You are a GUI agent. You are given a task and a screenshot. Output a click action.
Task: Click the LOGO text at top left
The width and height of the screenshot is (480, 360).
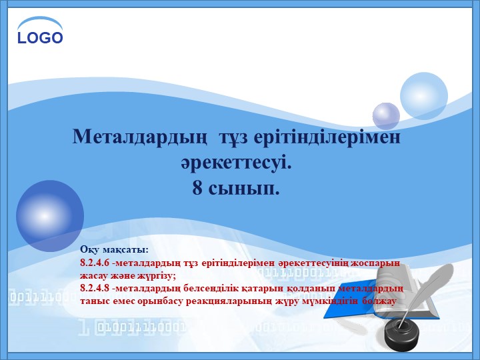(x=40, y=37)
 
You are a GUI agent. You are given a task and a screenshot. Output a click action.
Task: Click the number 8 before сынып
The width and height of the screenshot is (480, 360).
(x=197, y=188)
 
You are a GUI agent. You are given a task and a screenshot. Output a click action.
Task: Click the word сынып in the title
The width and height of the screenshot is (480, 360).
(x=245, y=188)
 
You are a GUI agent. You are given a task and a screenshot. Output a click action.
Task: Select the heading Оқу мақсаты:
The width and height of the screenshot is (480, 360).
(x=113, y=250)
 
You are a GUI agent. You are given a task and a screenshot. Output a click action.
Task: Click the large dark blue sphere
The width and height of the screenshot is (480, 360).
(x=50, y=215)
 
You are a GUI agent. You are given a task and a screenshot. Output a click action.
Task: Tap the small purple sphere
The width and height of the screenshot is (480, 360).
(x=386, y=115)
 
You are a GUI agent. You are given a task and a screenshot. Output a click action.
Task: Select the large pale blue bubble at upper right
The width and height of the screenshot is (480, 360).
(x=424, y=96)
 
